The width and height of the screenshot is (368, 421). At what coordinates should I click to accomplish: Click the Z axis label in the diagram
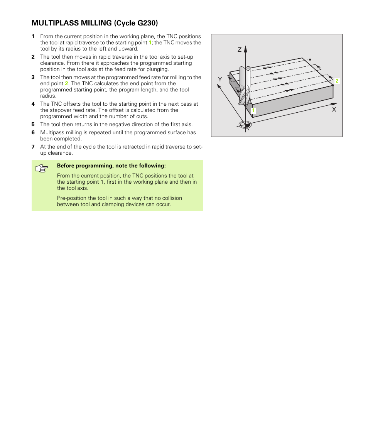pyautogui.click(x=240, y=50)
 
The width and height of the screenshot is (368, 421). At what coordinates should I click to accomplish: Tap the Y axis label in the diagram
pyautogui.click(x=220, y=79)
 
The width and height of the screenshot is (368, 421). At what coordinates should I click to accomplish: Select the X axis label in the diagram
pyautogui.click(x=334, y=110)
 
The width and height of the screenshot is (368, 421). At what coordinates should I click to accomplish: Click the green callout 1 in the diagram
pyautogui.click(x=253, y=111)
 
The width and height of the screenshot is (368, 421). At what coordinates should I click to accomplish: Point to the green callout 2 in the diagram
pyautogui.click(x=337, y=81)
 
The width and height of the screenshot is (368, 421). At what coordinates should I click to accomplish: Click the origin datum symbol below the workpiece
pyautogui.click(x=245, y=125)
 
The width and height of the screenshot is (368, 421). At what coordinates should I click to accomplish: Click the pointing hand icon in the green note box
pyautogui.click(x=42, y=169)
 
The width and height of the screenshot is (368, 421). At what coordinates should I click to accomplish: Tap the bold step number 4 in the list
pyautogui.click(x=33, y=104)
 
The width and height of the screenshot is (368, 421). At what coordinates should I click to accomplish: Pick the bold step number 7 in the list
pyautogui.click(x=33, y=147)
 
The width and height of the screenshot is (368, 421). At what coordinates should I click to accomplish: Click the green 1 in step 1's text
pyautogui.click(x=150, y=43)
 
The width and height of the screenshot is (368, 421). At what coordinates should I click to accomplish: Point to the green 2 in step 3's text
pyautogui.click(x=66, y=83)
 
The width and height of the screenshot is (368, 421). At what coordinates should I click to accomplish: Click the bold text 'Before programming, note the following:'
pyautogui.click(x=111, y=166)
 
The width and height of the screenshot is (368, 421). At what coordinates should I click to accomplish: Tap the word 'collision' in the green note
pyautogui.click(x=170, y=198)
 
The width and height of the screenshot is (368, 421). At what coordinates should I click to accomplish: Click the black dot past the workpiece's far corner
pyautogui.click(x=310, y=60)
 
